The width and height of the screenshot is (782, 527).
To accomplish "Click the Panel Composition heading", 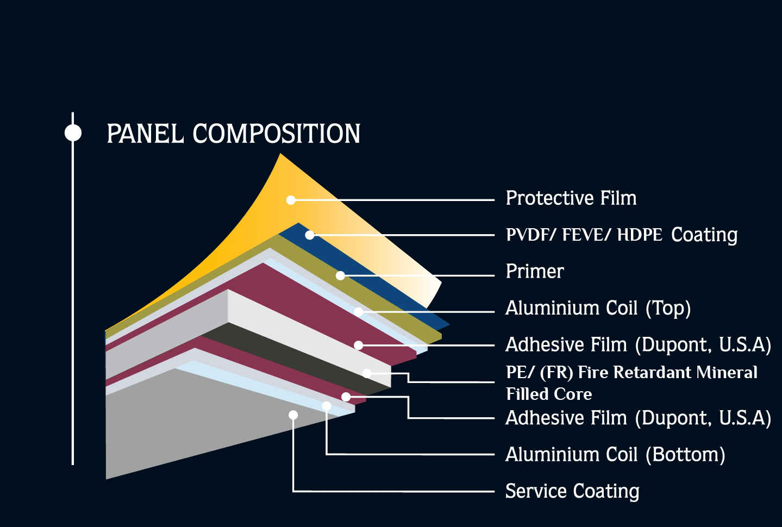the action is click(233, 133).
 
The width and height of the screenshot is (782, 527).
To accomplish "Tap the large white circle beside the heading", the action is click(73, 133).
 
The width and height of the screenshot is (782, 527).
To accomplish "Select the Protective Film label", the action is click(571, 198).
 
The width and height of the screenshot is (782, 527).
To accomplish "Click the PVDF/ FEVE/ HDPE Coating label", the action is click(622, 235).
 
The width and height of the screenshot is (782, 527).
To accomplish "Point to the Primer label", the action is click(535, 271).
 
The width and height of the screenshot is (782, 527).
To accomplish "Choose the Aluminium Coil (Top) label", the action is click(598, 309).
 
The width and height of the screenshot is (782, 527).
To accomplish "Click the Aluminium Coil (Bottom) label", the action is click(615, 455).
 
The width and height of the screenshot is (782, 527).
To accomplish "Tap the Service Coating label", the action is click(573, 491).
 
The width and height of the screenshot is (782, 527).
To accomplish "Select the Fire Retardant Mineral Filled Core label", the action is click(631, 383).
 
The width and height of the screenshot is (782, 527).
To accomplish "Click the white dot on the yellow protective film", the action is click(291, 200).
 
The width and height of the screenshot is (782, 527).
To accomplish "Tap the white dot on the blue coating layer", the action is click(310, 235).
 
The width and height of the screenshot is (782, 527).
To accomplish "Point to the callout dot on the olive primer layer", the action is click(340, 275).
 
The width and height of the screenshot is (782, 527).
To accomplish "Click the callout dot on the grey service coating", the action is click(293, 415).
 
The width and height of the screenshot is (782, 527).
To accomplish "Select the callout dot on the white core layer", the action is click(367, 373).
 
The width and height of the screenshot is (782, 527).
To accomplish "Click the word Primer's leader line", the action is click(417, 275).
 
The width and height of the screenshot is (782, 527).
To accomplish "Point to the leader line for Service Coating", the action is click(394, 491).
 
